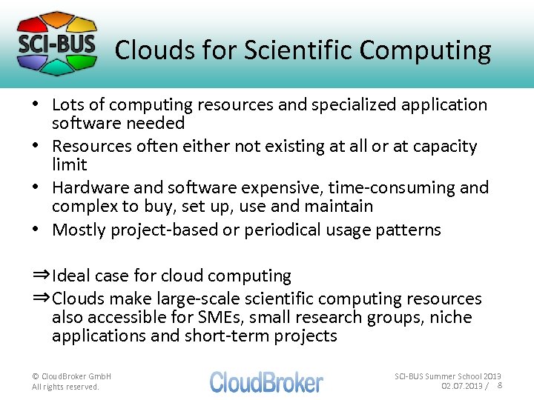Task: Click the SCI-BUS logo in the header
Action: (x=57, y=43)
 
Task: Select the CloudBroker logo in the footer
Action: (x=266, y=381)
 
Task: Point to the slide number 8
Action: (x=500, y=386)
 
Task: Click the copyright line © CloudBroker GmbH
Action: (x=72, y=376)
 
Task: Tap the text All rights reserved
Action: (x=65, y=387)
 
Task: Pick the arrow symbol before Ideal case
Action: (x=41, y=275)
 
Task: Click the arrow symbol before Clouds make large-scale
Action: (x=41, y=298)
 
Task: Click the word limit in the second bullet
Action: (x=70, y=164)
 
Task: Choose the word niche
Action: (x=452, y=317)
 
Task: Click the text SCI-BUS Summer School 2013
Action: (x=447, y=376)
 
